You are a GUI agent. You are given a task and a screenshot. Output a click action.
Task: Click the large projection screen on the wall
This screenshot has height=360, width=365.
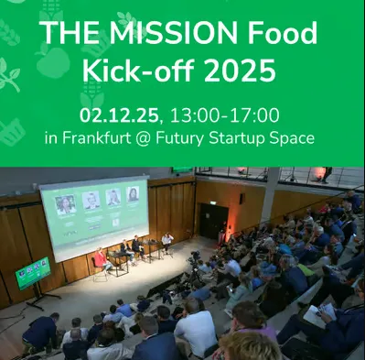[x=94, y=218]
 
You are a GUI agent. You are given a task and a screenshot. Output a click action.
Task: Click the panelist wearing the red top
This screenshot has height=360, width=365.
[x=98, y=258]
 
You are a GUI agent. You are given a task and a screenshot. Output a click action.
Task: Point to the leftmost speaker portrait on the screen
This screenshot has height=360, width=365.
[x=65, y=204]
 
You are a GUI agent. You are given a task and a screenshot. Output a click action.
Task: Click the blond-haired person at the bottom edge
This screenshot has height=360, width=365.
[x=246, y=347]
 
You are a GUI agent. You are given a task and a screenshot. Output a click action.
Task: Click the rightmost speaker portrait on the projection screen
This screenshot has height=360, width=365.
[x=134, y=195]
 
